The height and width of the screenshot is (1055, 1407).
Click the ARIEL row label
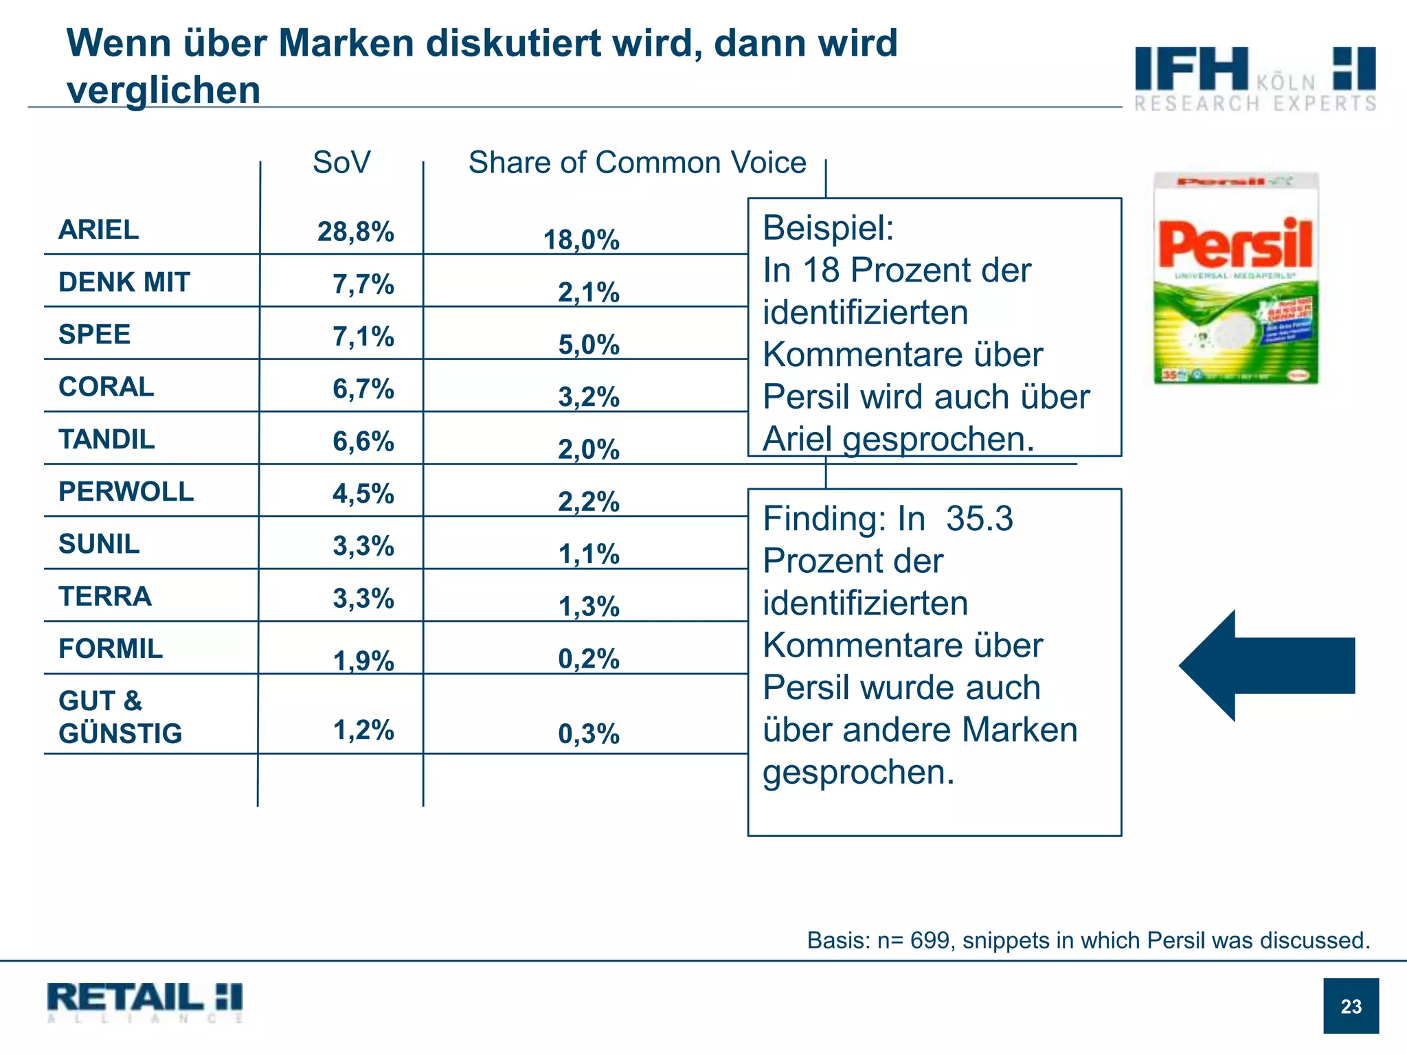[98, 229]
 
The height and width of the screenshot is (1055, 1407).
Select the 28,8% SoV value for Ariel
[355, 232]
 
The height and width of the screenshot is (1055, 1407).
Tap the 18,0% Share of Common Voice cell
[581, 240]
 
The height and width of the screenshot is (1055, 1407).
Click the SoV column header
[341, 163]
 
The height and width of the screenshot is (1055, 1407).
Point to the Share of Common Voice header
[637, 163]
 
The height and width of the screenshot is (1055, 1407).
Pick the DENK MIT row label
[124, 282]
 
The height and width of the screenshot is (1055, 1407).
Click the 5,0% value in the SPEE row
[589, 345]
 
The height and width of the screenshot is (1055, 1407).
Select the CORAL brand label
[106, 387]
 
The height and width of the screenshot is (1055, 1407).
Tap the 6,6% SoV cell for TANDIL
[363, 441]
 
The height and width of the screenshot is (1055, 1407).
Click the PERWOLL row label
[126, 492]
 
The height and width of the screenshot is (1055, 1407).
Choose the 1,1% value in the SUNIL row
[589, 554]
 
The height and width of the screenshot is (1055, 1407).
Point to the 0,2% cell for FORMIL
[589, 659]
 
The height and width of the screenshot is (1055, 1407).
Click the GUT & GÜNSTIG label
[120, 717]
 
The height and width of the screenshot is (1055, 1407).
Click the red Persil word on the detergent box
[1235, 244]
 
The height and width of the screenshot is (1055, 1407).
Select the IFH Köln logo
[1254, 78]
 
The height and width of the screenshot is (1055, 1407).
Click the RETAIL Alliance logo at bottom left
[145, 1001]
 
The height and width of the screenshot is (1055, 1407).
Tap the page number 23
[1351, 1006]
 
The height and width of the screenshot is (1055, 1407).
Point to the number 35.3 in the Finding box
[979, 519]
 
